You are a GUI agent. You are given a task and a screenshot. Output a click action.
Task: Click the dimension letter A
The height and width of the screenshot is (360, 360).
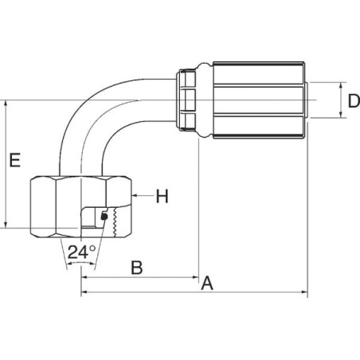pyautogui.click(x=207, y=283)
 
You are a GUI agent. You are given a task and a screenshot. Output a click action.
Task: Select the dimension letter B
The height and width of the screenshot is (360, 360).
pyautogui.click(x=137, y=268)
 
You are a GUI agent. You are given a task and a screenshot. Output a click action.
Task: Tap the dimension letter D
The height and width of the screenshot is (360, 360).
pyautogui.click(x=354, y=101)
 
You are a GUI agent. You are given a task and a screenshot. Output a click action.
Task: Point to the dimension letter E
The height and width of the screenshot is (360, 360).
pyautogui.click(x=15, y=160)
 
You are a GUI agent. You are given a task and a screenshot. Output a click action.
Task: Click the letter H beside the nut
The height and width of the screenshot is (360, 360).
pyautogui.click(x=162, y=197)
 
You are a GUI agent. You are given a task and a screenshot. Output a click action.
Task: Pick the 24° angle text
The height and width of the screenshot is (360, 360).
pyautogui.click(x=81, y=252)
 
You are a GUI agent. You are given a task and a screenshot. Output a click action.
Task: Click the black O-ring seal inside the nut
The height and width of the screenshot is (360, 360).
pyautogui.click(x=104, y=217)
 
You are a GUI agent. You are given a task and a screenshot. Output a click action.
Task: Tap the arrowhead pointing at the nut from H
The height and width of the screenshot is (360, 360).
pyautogui.click(x=135, y=196)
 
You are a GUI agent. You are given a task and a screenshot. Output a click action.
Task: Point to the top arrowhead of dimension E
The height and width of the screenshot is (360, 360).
pyautogui.click(x=6, y=104)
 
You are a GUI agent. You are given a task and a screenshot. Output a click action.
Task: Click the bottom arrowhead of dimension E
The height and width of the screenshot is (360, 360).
pyautogui.click(x=6, y=225)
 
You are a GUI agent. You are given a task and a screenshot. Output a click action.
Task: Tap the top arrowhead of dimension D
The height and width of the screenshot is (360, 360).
pyautogui.click(x=341, y=86)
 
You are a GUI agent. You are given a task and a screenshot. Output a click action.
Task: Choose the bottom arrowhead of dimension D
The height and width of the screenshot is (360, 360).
pyautogui.click(x=341, y=114)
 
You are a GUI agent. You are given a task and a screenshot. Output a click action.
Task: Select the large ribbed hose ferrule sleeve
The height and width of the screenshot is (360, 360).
pyautogui.click(x=259, y=100)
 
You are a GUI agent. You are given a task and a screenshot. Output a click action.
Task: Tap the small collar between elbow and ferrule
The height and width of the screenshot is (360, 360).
pyautogui.click(x=186, y=100)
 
